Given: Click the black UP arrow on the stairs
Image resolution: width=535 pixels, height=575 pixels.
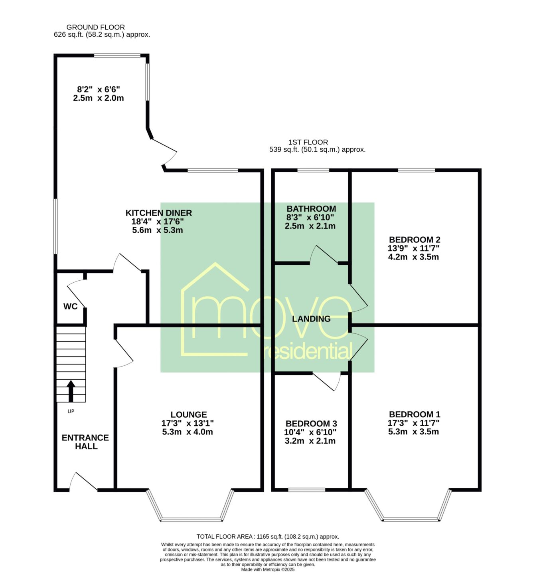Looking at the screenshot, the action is click(x=71, y=391).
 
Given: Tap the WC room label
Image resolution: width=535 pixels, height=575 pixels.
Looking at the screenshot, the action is click(x=70, y=306).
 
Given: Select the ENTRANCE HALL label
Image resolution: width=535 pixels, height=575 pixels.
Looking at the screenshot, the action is click(x=85, y=442).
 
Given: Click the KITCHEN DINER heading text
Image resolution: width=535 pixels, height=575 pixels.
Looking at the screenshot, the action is click(x=158, y=213).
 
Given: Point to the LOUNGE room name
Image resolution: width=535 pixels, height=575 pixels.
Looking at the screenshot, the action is click(x=189, y=414).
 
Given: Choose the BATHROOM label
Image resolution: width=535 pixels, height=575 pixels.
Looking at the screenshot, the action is click(x=311, y=208).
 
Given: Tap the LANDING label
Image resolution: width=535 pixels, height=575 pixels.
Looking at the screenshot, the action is click(x=311, y=319).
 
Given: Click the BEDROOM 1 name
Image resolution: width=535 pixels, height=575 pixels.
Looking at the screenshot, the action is click(x=415, y=414).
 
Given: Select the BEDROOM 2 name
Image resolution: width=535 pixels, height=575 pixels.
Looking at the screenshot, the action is click(x=415, y=240).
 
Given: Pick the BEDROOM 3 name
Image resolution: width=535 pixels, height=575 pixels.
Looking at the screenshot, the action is click(x=311, y=424).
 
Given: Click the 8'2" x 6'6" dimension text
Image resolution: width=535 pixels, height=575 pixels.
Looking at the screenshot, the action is click(x=99, y=89).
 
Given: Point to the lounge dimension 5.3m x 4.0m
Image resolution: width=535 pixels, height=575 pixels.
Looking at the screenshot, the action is click(x=188, y=432).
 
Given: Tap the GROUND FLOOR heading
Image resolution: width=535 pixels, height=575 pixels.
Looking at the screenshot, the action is click(x=95, y=27).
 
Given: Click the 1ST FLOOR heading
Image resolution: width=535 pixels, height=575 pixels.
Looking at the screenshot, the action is click(x=308, y=142).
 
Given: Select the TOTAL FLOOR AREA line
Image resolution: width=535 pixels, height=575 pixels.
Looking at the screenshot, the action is click(x=268, y=537).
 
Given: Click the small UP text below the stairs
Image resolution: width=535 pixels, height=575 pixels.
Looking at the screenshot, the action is click(x=71, y=411).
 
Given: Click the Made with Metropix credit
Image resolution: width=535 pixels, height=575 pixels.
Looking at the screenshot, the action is click(x=268, y=569).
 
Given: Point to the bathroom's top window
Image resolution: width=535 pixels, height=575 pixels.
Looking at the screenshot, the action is click(x=313, y=170).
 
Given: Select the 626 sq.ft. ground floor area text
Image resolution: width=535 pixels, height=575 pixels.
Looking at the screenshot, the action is click(x=102, y=35).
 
